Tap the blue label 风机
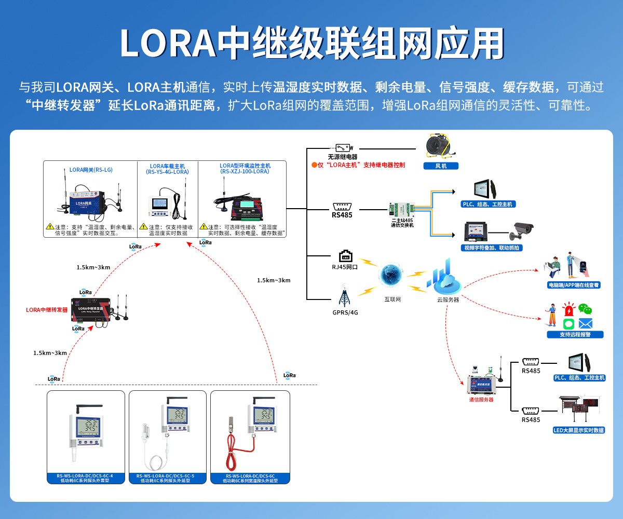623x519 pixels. pyautogui.click(x=441, y=166)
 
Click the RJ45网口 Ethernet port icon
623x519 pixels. pyautogui.click(x=346, y=256)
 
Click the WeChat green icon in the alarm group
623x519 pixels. pyautogui.click(x=586, y=309)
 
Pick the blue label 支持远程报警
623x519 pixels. pyautogui.click(x=575, y=334)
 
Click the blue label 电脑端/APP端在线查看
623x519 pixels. pyautogui.click(x=574, y=285)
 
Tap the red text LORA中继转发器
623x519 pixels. pyautogui.click(x=47, y=310)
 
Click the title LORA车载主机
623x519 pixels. pyautogui.click(x=167, y=166)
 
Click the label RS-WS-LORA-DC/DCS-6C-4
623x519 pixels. pyautogui.click(x=85, y=475)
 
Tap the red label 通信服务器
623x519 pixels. pyautogui.click(x=481, y=400)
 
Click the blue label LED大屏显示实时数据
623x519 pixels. pyautogui.click(x=579, y=430)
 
